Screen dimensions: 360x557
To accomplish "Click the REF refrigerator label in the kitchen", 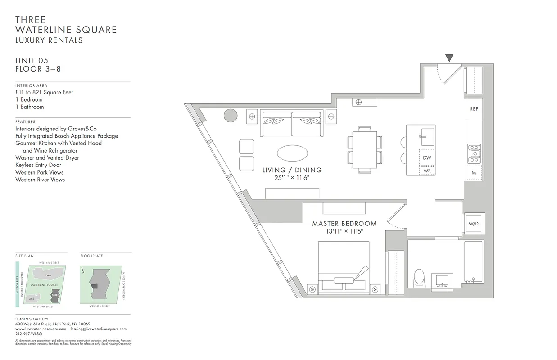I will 474,109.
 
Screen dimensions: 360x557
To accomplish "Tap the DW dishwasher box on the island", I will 426,157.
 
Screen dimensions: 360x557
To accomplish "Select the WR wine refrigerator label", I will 427,171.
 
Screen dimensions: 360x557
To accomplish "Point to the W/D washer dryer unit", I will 473,223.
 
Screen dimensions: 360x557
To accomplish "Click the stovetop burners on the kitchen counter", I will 474,153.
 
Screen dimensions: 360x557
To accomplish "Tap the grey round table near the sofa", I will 231,116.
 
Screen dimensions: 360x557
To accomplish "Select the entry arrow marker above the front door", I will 449,58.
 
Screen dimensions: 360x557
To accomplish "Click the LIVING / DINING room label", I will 292,170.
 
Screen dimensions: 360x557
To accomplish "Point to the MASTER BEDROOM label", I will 344,224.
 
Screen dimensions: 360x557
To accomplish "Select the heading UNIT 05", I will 32,61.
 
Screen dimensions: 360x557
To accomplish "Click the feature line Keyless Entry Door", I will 38,165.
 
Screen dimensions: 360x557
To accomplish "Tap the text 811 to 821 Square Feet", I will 44,92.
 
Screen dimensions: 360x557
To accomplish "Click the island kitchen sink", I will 426,135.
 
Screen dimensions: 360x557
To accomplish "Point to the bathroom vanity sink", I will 441,280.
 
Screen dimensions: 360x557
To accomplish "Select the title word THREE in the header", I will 31,20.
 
